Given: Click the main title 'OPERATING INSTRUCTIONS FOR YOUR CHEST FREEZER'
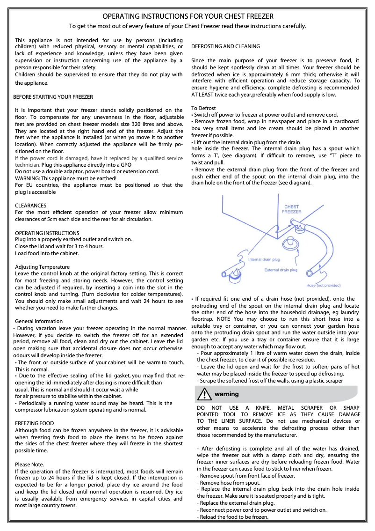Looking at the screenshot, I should coord(187,16).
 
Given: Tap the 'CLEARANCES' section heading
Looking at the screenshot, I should coord(31,206).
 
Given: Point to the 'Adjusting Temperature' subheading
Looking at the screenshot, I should coord(43,267).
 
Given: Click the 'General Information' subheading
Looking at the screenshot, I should coord(39,321).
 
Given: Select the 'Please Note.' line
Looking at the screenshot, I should coord(29,465).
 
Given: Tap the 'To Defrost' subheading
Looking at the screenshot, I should coord(203,108).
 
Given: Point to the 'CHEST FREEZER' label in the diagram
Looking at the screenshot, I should coord(291,209).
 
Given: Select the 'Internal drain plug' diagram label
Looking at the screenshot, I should coord(264,259).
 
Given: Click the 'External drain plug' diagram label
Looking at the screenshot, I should coord(281,270).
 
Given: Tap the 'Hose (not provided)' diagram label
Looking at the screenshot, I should coord(324,285).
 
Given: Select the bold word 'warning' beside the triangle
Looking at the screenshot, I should coord(227,394).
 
